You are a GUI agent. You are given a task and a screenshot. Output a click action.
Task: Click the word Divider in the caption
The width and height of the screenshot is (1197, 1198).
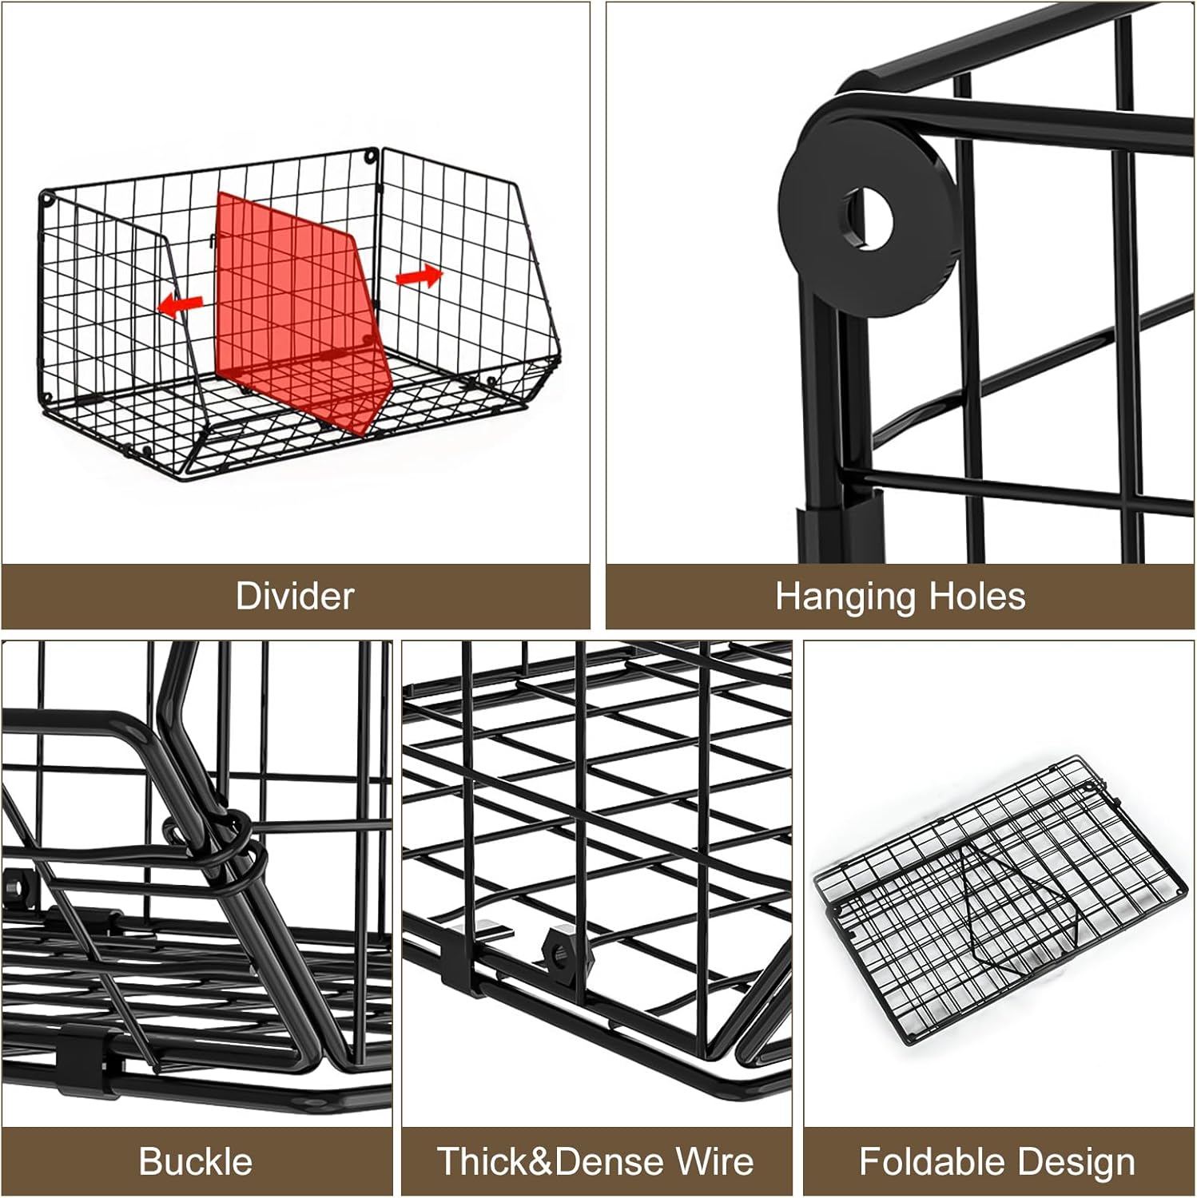295,597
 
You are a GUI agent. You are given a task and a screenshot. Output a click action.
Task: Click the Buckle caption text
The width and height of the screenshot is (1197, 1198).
196,1161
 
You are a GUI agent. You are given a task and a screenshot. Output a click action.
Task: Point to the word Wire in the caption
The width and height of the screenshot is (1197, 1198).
712,1161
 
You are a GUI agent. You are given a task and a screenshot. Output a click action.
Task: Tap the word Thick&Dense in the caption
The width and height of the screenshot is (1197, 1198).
549,1161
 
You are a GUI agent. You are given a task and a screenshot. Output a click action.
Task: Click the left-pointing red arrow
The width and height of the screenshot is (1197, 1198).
181,303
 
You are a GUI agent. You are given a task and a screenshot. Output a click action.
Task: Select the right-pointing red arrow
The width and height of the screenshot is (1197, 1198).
419,276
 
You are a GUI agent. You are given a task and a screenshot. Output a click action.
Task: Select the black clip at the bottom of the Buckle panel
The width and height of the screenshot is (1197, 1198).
92,1047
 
